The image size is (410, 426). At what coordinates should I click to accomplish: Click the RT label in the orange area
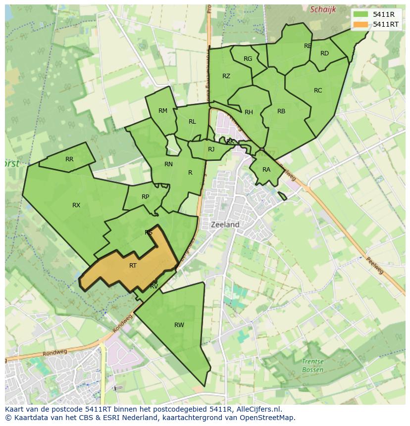coord(133,266)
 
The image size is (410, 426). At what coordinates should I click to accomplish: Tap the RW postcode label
coord(179,325)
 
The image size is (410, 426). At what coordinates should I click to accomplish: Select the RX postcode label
coord(76,205)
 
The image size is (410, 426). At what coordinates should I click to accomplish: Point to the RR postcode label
coord(69,159)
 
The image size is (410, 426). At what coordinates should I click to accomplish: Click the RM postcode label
coord(163,111)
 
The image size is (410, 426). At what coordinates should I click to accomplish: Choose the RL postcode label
coord(192,122)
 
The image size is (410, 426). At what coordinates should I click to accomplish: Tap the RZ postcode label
coord(226,76)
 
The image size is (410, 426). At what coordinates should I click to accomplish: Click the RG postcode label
coord(248,59)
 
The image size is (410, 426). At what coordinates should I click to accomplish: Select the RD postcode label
coord(324,53)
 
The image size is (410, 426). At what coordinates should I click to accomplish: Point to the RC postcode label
coord(318,91)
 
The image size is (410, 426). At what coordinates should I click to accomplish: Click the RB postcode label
coord(281,111)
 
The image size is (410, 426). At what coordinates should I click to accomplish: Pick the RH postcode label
coord(249,112)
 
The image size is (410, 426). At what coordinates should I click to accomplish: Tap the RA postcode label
coord(266,170)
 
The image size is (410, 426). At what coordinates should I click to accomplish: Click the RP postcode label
coord(145,197)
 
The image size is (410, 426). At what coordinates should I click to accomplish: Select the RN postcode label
coord(168,164)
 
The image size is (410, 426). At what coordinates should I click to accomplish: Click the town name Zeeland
coord(225,225)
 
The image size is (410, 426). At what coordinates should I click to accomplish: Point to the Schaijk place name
coord(323,9)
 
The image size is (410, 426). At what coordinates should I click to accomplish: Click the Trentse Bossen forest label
coord(312,366)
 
